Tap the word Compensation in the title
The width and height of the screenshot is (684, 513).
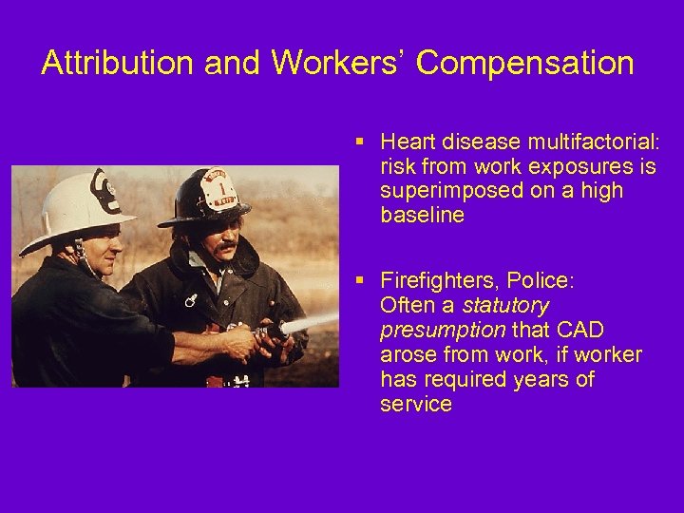[524, 63]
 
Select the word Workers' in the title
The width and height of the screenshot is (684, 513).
[338, 63]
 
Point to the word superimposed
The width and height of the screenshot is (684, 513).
[437, 191]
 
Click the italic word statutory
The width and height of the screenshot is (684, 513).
[505, 306]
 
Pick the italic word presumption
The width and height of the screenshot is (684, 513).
[443, 331]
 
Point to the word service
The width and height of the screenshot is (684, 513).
[415, 404]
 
